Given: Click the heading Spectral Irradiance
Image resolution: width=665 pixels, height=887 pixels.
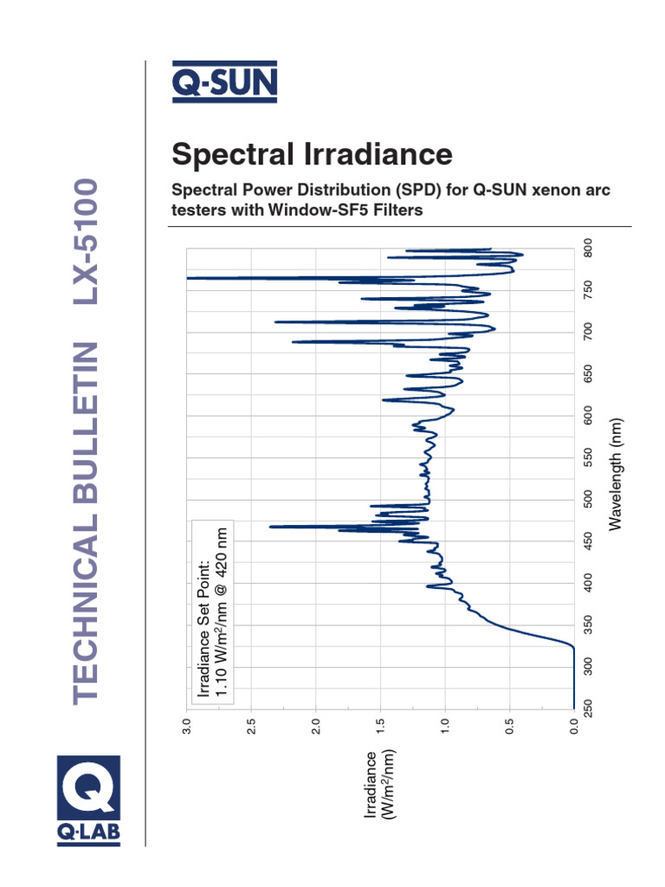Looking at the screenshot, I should tap(312, 154).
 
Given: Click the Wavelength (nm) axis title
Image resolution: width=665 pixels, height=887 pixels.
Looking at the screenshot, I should tap(616, 472).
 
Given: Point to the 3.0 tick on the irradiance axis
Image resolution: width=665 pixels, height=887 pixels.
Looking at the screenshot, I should tap(186, 725).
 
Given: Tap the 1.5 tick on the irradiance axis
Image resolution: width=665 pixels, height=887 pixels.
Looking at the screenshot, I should tap(380, 725).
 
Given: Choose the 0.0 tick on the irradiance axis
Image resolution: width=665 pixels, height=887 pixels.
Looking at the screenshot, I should tap(574, 725).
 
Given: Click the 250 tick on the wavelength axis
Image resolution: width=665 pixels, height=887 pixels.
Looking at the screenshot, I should tap(588, 709).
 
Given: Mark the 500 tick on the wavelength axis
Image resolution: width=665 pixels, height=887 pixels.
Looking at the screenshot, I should tap(588, 499).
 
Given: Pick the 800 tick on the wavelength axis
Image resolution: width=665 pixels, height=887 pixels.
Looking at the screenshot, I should tap(588, 248).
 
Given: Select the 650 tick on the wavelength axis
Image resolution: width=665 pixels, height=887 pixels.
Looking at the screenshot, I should tap(588, 373).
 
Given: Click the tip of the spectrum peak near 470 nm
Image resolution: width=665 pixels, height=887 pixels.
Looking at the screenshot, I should tap(271, 527).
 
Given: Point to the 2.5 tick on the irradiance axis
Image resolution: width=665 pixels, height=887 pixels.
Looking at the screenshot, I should tap(251, 725).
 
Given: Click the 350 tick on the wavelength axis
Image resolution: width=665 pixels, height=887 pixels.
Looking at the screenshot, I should tap(588, 625).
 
